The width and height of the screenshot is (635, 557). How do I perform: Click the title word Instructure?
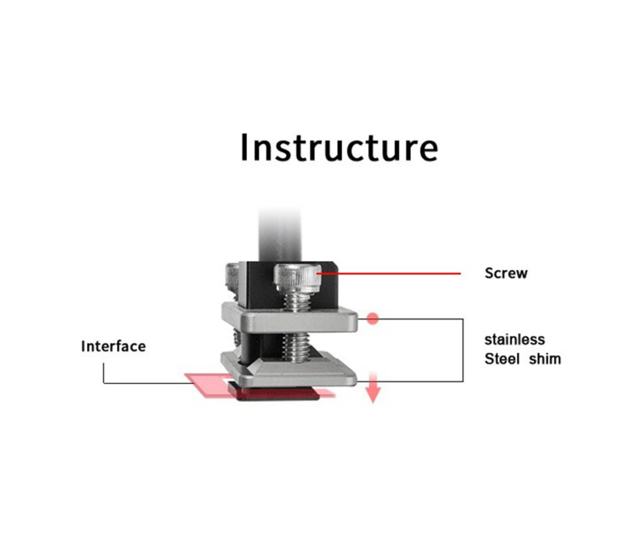coord(339,148)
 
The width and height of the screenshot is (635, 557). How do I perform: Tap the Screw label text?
coord(506,273)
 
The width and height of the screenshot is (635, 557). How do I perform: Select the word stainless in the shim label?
coord(514,339)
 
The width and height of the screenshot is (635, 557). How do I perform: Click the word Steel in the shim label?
coord(501,359)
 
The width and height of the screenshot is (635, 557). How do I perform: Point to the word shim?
coord(545,359)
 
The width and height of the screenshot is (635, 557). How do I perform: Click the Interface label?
coord(114,346)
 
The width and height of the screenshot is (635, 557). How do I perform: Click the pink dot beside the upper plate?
coord(373,318)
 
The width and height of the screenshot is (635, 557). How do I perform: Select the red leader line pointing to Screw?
coord(389,274)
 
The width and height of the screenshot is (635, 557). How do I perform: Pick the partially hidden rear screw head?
coord(232,277)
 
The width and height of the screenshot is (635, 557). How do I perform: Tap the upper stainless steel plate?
coord(290,318)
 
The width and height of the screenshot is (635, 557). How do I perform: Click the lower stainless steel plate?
coord(289,370)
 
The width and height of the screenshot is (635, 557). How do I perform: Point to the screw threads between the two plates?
coord(296,347)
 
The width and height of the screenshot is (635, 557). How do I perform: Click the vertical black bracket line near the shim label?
coord(463,350)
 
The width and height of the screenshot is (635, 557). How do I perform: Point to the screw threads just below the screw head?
coord(297,302)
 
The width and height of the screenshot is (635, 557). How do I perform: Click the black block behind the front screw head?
coord(292,284)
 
